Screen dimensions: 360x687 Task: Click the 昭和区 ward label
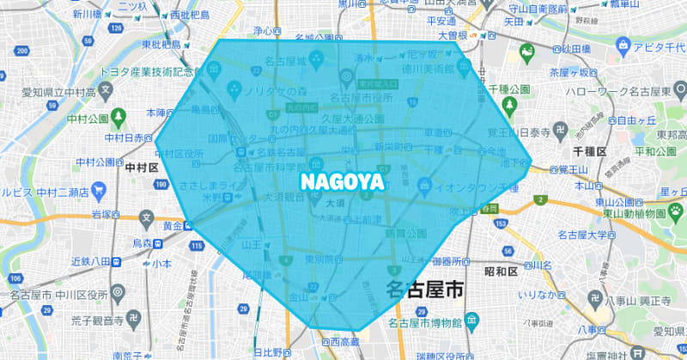pyautogui.click(x=501, y=272)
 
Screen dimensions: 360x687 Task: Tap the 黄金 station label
pyautogui.click(x=172, y=226)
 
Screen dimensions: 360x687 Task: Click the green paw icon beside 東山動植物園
pyautogui.click(x=677, y=209)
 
